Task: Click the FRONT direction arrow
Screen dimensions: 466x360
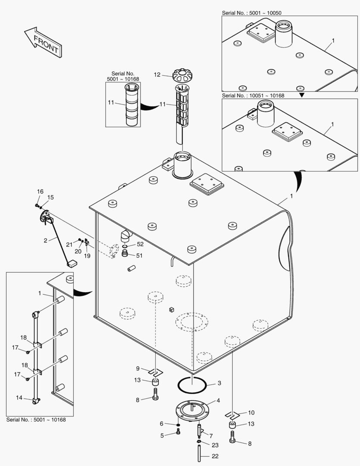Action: tap(42, 42)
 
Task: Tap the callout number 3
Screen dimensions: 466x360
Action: tap(219, 383)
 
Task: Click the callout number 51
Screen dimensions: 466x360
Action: tap(139, 255)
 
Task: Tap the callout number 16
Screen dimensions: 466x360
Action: tap(40, 192)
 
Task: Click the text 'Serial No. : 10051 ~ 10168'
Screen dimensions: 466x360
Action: tap(253, 95)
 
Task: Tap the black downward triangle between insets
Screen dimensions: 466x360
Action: tap(302, 95)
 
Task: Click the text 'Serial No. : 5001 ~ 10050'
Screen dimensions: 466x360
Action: tap(252, 13)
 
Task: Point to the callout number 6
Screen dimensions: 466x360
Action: tap(162, 424)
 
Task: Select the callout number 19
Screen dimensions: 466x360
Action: tap(87, 255)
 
